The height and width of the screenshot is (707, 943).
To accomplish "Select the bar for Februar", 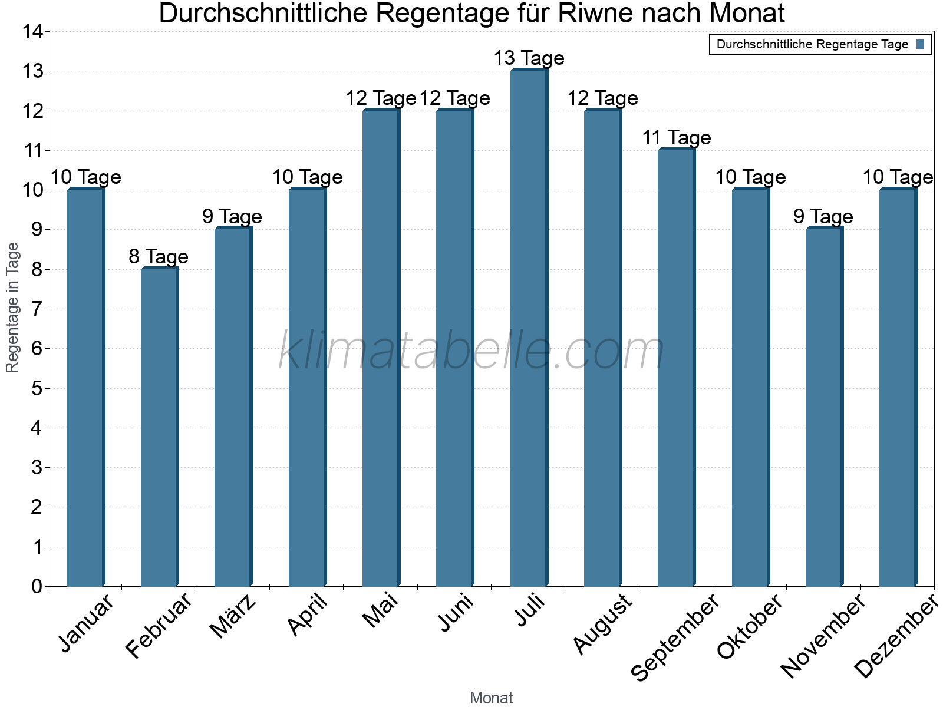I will point(159,427).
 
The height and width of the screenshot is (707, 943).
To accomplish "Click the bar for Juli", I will point(529,328).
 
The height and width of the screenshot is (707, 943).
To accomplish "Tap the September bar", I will point(676,368).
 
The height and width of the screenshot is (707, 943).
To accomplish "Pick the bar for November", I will point(824,407).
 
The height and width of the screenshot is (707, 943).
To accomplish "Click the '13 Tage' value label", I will point(529,58).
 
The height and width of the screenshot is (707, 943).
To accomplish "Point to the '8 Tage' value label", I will point(159,256).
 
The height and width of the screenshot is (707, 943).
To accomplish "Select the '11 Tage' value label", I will point(676,138).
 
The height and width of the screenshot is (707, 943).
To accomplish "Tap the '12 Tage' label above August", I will point(602,98).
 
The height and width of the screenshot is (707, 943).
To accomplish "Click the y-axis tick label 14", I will point(32,32).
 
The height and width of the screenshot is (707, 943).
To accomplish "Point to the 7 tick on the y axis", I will point(37,309).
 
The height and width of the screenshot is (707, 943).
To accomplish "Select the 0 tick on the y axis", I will point(37,586).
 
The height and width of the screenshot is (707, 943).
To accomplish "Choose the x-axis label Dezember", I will point(896,636).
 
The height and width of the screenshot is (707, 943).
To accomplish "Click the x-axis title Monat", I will point(491,698).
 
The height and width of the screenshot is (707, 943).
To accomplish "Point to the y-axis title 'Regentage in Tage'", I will point(12,308).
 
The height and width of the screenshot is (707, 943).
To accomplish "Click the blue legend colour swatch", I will point(920,44).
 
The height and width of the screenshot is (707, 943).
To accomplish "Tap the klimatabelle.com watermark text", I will point(471,351).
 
